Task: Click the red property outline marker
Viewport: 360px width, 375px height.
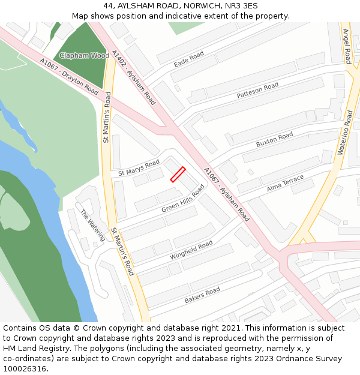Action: (x=178, y=174)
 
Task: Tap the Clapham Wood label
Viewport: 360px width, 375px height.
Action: (x=83, y=55)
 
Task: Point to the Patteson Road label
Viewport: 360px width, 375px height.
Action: (x=257, y=91)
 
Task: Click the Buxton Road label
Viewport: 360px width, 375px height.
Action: (x=274, y=140)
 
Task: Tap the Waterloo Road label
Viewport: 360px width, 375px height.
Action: (x=346, y=133)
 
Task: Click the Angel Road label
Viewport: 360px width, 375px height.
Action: (x=347, y=46)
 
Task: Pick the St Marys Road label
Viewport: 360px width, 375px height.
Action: (x=139, y=167)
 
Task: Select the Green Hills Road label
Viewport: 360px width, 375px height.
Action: (x=183, y=199)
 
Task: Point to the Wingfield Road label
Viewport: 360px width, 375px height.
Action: (x=191, y=250)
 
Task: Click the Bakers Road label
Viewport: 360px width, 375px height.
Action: (x=202, y=295)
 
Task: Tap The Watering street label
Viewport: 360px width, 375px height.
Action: (x=92, y=225)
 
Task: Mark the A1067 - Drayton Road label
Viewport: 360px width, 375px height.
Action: (x=69, y=76)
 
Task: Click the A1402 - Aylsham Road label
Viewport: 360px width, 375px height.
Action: (x=133, y=77)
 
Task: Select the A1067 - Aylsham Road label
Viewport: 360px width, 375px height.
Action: (x=226, y=194)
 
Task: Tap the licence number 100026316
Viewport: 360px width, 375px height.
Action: (x=25, y=368)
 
